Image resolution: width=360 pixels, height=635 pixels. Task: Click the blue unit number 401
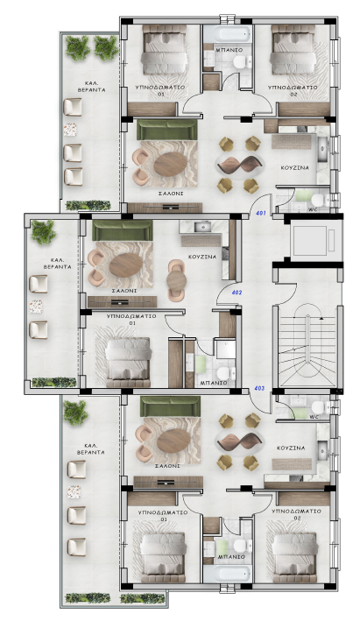261,213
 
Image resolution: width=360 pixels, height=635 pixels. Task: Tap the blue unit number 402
236,293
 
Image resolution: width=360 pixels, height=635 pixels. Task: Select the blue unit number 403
259,389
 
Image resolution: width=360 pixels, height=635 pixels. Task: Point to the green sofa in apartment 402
123,230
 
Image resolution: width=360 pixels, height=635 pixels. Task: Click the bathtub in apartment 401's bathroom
227,34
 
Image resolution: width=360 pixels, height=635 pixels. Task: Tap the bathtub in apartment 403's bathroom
227,574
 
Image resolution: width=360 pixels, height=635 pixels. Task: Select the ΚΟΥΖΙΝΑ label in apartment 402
202,258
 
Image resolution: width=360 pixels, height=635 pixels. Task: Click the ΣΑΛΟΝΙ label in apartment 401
171,194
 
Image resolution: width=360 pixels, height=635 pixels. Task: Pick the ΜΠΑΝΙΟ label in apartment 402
214,383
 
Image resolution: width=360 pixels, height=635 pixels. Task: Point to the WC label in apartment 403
314,417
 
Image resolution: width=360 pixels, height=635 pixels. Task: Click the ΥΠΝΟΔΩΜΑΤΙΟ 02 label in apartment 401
293,91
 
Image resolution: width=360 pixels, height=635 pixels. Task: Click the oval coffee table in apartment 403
173,441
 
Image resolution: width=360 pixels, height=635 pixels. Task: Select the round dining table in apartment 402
177,280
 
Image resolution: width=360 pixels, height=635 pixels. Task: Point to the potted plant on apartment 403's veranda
75,413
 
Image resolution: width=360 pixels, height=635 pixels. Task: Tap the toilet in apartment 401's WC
318,200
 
